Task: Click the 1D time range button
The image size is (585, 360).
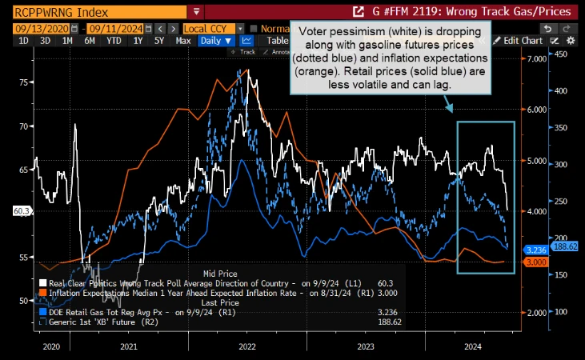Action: click(x=23, y=40)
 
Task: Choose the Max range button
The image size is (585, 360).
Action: click(x=182, y=40)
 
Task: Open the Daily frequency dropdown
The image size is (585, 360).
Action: click(x=216, y=40)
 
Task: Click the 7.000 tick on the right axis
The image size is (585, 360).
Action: click(x=533, y=59)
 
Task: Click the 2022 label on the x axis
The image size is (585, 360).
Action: click(x=246, y=346)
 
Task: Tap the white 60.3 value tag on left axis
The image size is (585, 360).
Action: click(x=22, y=211)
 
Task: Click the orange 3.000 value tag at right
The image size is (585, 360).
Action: click(x=535, y=262)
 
